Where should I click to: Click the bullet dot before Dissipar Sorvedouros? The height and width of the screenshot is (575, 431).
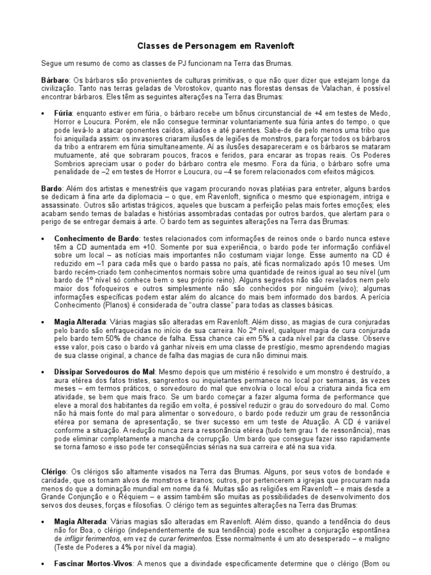pyautogui.click(x=44, y=373)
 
